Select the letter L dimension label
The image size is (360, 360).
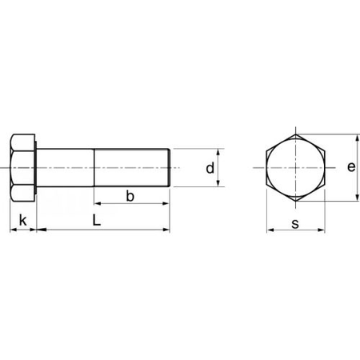click(96, 218)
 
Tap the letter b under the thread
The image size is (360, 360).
click(130, 196)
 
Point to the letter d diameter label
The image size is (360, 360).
click(209, 169)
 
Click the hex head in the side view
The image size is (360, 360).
click(23, 169)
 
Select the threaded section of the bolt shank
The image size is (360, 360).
click(132, 169)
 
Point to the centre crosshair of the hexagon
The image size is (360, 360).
click(296, 169)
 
